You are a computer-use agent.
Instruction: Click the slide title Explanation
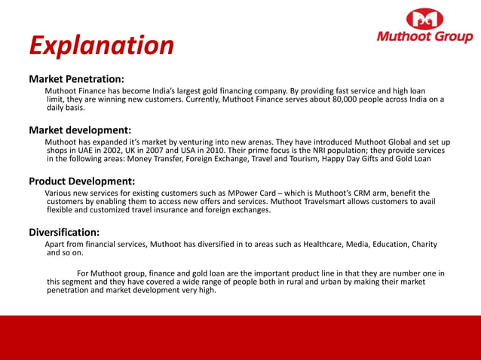click(x=101, y=45)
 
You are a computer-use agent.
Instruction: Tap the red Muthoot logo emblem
click(x=426, y=20)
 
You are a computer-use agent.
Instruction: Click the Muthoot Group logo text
click(x=425, y=37)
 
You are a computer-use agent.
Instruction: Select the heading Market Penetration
click(x=76, y=78)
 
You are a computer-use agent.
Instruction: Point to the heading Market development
click(x=80, y=130)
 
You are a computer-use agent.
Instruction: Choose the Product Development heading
click(x=81, y=181)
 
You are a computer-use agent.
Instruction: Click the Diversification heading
click(x=64, y=232)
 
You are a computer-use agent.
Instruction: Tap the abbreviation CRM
click(x=363, y=193)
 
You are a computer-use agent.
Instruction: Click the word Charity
click(x=424, y=244)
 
